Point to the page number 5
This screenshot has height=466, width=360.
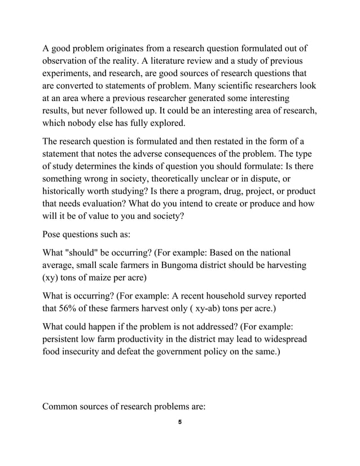click(x=179, y=423)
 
